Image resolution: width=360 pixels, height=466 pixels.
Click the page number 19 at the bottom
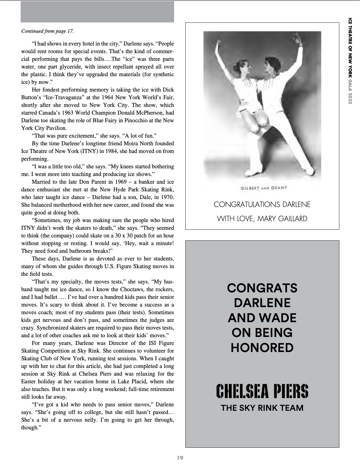pyautogui.click(x=180, y=458)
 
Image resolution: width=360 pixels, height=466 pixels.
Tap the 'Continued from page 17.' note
pyautogui.click(x=48, y=31)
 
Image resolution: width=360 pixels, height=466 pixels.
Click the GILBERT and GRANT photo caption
pyautogui.click(x=262, y=188)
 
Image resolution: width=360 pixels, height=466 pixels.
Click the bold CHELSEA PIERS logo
pyautogui.click(x=262, y=391)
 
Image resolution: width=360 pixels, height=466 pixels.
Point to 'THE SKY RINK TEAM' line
pyautogui.click(x=262, y=408)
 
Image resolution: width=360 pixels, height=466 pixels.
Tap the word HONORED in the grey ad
pyautogui.click(x=262, y=348)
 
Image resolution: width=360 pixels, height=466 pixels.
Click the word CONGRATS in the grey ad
pyautogui.click(x=262, y=288)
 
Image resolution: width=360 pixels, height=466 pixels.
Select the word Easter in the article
pyautogui.click(x=29, y=382)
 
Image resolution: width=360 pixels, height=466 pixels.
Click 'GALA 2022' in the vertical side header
pyautogui.click(x=350, y=92)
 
